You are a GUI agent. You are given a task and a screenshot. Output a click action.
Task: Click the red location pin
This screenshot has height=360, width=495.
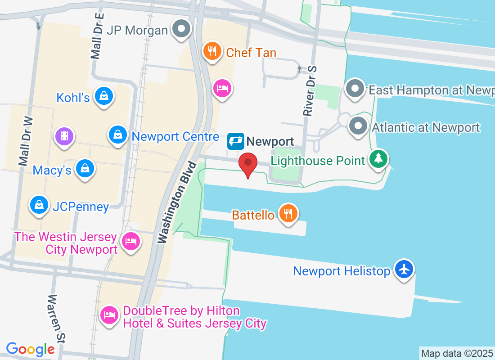point(247,163)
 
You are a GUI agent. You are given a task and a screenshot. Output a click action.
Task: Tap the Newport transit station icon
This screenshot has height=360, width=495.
point(236,141)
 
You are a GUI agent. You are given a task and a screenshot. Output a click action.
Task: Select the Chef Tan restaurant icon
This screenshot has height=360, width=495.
point(211,51)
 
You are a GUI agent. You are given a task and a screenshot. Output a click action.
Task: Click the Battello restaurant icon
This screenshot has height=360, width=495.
point(288,213)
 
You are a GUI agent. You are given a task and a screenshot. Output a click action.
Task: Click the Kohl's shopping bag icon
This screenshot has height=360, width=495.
point(104,96)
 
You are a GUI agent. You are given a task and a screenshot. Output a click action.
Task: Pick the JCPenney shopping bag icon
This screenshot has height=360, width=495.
point(39,205)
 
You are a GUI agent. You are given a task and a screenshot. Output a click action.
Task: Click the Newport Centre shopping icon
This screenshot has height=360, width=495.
point(117,135)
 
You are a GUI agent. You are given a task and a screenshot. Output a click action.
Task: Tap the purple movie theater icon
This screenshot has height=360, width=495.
point(64,136)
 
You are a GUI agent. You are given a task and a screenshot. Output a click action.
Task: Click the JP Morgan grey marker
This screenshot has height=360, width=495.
point(182,29)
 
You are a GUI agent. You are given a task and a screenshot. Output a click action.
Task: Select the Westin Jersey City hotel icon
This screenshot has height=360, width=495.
point(131,241)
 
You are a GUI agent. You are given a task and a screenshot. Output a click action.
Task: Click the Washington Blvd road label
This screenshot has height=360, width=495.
point(177,203)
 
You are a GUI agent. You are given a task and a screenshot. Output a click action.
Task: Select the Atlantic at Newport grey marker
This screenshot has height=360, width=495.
point(359,126)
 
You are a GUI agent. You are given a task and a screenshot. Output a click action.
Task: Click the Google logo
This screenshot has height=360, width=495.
point(30,349)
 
